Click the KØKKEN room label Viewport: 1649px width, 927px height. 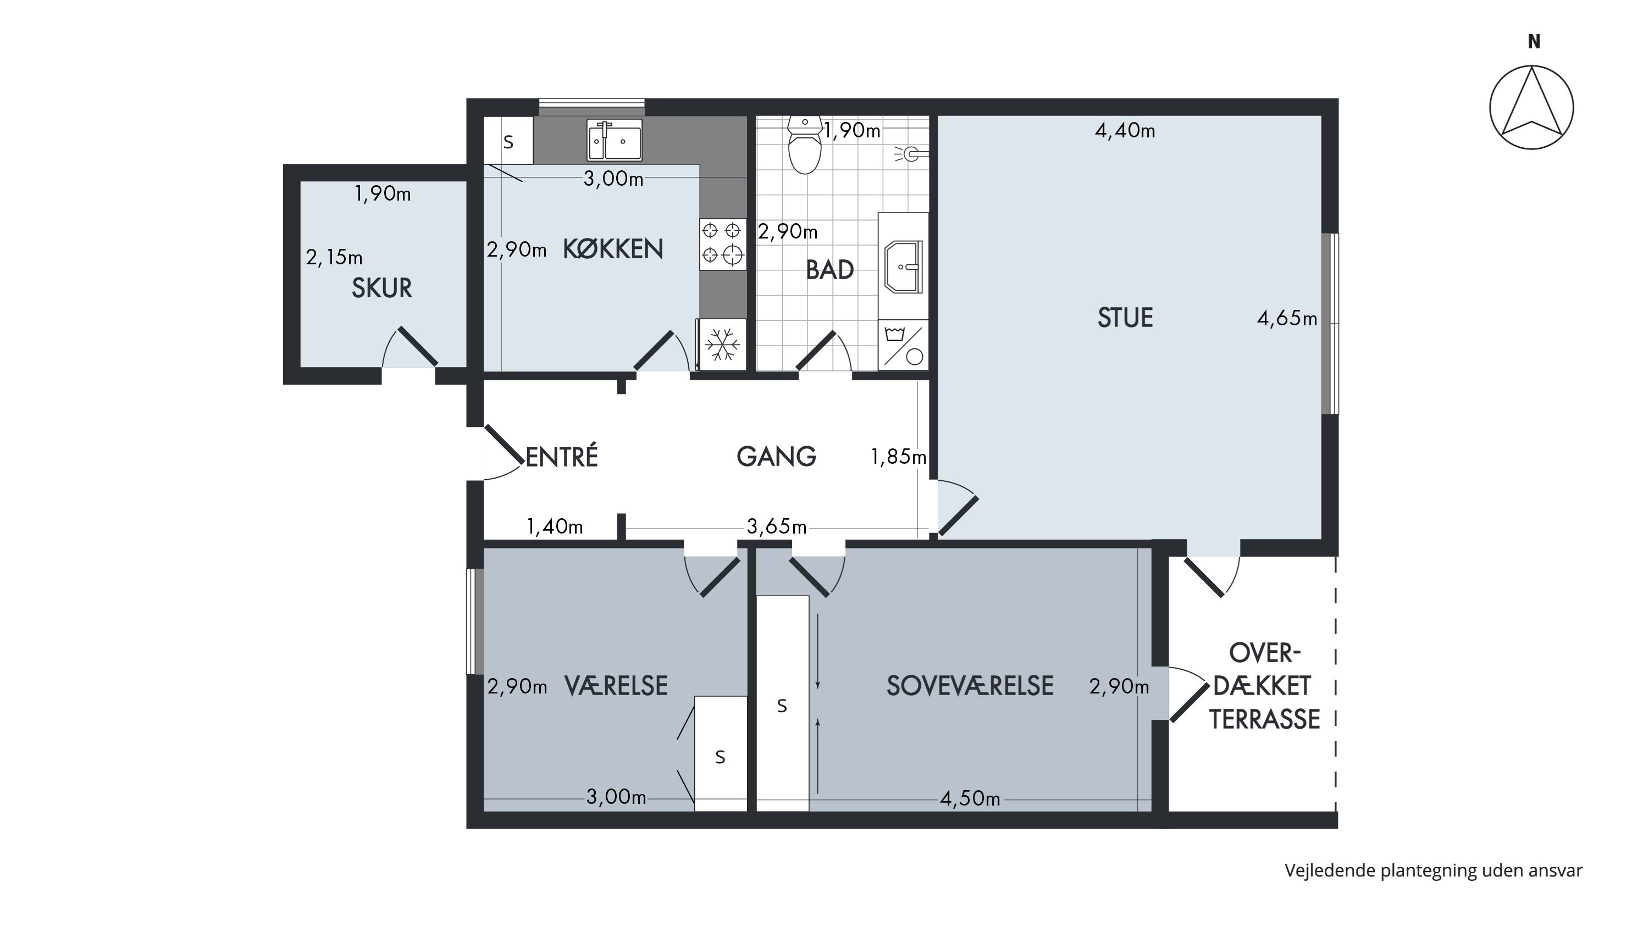point(613,249)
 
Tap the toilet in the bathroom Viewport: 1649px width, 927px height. point(805,145)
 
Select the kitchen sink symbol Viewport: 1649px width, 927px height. point(615,140)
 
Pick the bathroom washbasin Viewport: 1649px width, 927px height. point(903,267)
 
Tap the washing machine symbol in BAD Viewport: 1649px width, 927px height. point(903,346)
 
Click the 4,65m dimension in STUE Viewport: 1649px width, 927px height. point(1287,319)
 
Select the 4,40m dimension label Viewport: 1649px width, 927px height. point(1125,131)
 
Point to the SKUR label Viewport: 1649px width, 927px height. point(381,288)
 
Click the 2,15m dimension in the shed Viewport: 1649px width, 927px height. point(334,257)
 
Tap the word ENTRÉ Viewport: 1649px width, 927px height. point(561,457)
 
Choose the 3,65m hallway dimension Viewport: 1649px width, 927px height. point(777,526)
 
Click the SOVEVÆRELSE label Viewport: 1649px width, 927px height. point(970,686)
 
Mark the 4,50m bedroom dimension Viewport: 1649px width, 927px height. point(970,798)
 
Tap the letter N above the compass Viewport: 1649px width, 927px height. point(1534,42)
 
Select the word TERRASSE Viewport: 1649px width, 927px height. point(1264,720)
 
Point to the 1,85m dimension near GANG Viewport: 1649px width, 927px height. point(898,457)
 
